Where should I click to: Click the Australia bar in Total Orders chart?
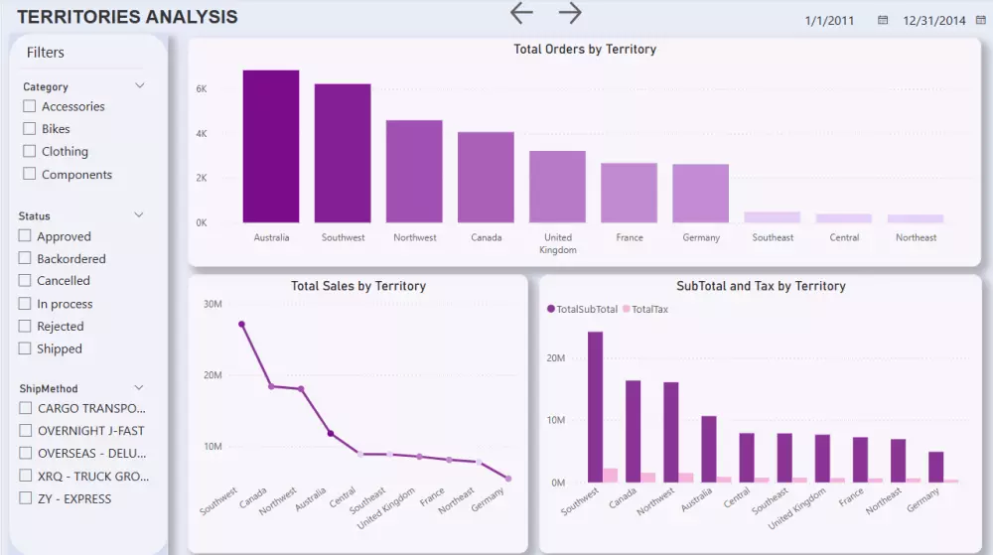[271, 147]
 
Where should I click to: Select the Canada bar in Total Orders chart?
[486, 178]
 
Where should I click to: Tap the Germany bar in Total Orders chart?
[700, 194]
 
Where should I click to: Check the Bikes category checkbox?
[30, 129]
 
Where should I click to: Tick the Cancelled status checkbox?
[26, 281]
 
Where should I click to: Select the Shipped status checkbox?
[26, 348]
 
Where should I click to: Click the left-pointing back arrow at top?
[521, 13]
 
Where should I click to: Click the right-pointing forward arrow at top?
[570, 13]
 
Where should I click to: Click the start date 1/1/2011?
[829, 20]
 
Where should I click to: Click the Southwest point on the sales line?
[241, 324]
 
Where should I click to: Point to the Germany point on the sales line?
[508, 479]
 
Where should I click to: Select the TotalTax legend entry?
[645, 309]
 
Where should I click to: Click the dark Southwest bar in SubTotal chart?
[595, 407]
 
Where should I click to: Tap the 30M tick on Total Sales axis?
[212, 304]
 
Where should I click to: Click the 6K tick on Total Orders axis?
[201, 88]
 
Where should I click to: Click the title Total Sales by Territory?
[357, 286]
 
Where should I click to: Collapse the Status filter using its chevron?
[139, 215]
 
